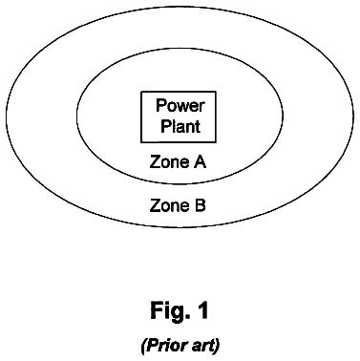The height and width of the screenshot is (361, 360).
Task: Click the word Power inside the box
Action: pyautogui.click(x=180, y=105)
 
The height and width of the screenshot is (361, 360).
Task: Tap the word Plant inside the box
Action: pyautogui.click(x=180, y=126)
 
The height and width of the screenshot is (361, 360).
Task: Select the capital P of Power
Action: pyautogui.click(x=160, y=105)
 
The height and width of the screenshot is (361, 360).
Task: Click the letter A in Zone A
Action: pyautogui.click(x=200, y=161)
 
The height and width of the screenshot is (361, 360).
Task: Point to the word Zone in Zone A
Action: pyautogui.click(x=169, y=161)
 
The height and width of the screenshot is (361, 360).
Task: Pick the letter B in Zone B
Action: pyautogui.click(x=200, y=205)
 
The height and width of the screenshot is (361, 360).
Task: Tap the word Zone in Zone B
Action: pyautogui.click(x=169, y=205)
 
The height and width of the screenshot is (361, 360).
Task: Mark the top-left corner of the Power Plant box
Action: pyautogui.click(x=141, y=92)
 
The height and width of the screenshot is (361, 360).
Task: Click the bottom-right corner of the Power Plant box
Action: pyautogui.click(x=216, y=142)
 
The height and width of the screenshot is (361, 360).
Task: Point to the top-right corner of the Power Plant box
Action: pyautogui.click(x=216, y=92)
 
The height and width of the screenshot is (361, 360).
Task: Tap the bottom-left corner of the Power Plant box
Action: pyautogui.click(x=141, y=142)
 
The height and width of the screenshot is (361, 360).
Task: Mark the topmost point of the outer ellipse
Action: pyautogui.click(x=180, y=6)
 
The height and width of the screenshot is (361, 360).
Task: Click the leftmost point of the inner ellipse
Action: pyautogui.click(x=76, y=116)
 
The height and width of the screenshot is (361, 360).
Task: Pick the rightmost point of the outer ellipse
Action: pyautogui.click(x=353, y=116)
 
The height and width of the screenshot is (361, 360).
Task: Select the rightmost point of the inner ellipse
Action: pyautogui.click(x=283, y=116)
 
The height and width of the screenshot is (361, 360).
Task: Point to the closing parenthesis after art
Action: pyautogui.click(x=217, y=346)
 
